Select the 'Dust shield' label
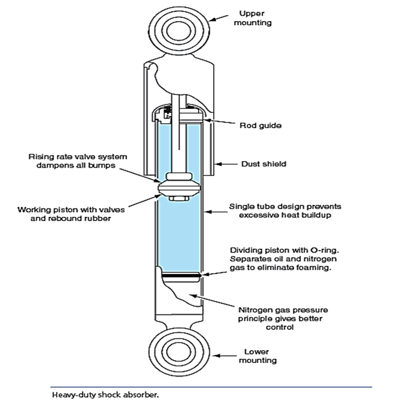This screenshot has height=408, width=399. click(x=262, y=163)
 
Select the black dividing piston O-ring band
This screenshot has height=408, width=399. click(x=179, y=276)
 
